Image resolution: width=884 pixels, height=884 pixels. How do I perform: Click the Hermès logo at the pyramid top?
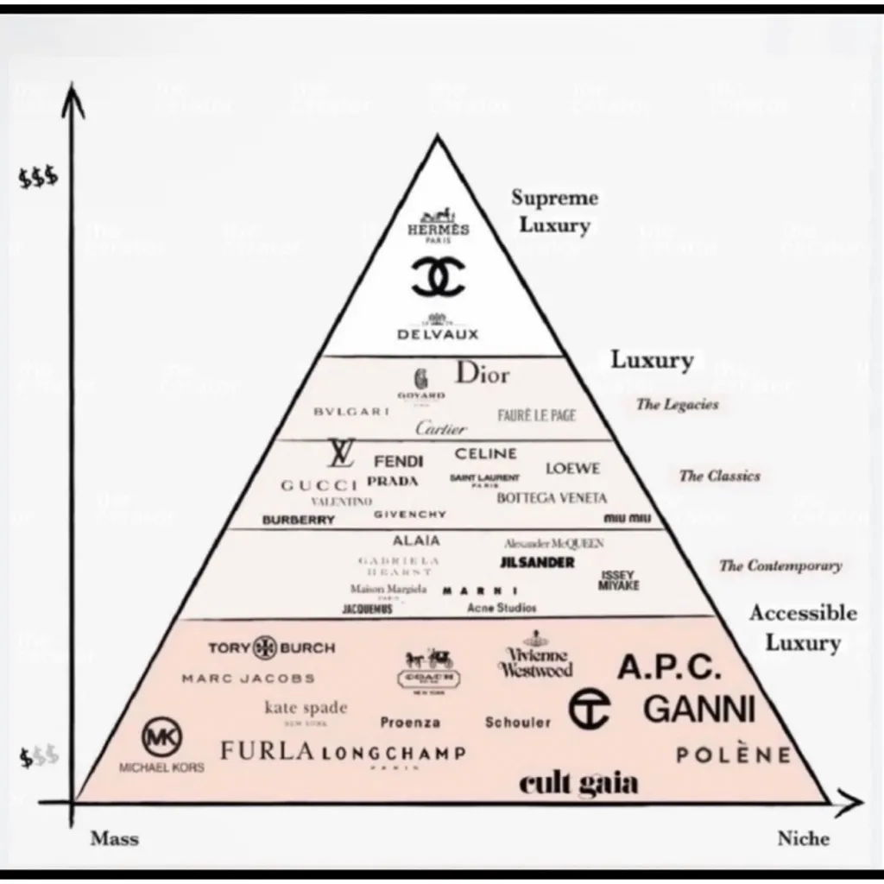pyautogui.click(x=439, y=226)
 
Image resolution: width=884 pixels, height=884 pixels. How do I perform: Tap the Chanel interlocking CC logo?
pyautogui.click(x=438, y=276)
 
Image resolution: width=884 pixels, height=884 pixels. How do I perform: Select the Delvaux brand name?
pyautogui.click(x=438, y=332)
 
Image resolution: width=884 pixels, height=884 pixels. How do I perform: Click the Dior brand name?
pyautogui.click(x=483, y=374)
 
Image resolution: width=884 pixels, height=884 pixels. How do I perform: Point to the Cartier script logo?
pyautogui.click(x=440, y=427)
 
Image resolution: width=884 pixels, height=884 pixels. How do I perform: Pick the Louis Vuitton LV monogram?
pyautogui.click(x=341, y=452)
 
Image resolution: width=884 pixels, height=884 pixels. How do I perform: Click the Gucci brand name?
pyautogui.click(x=319, y=485)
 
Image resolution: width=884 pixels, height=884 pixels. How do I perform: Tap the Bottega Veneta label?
pyautogui.click(x=552, y=498)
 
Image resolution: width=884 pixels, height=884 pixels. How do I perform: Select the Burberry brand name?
pyautogui.click(x=298, y=521)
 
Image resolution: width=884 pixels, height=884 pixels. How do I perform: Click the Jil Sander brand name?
pyautogui.click(x=537, y=562)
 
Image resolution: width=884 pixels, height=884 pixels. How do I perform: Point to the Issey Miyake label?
pyautogui.click(x=619, y=580)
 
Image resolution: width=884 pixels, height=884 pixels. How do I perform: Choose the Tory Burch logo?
pyautogui.click(x=271, y=647)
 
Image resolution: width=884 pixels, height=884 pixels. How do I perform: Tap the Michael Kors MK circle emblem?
pyautogui.click(x=161, y=738)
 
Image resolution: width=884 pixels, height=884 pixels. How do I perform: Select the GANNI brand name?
pyautogui.click(x=699, y=709)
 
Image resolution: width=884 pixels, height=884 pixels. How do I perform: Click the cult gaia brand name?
pyautogui.click(x=578, y=783)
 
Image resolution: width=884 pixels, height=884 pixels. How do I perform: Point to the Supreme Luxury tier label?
pyautogui.click(x=554, y=212)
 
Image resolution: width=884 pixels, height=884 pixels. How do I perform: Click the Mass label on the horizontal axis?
pyautogui.click(x=114, y=838)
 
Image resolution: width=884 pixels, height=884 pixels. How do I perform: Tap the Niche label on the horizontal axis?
pyautogui.click(x=803, y=838)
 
